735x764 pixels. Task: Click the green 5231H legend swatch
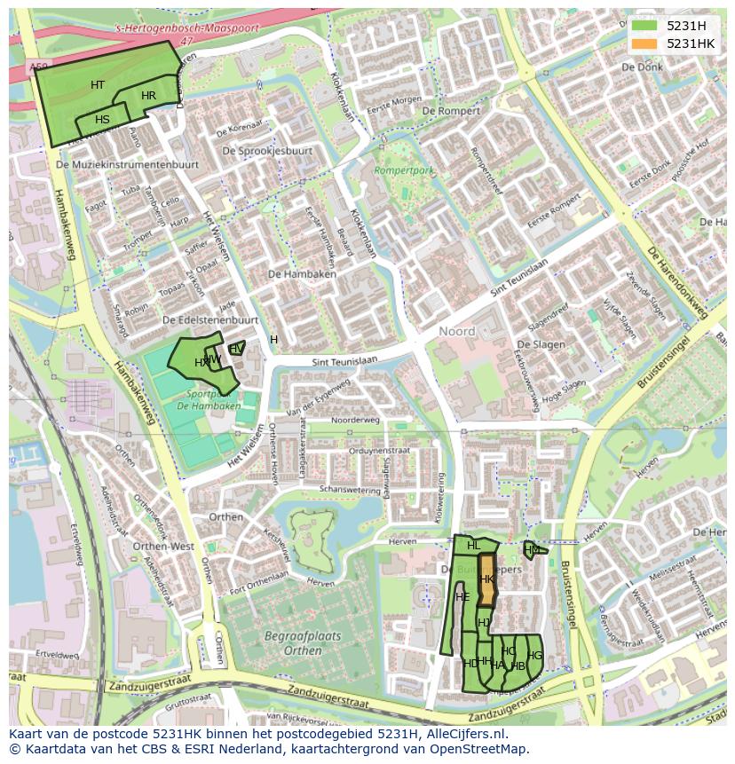[644, 26]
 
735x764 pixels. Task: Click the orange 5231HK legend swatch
[644, 43]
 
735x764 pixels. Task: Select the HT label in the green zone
[98, 85]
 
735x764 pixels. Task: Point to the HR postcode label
[148, 96]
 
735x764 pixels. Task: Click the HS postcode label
[102, 120]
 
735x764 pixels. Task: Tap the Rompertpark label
[404, 169]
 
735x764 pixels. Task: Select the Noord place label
[457, 332]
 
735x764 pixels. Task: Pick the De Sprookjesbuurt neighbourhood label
[267, 151]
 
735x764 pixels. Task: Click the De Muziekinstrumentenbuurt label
[127, 165]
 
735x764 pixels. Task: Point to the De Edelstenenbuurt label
[210, 319]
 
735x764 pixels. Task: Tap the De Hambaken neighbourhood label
[302, 275]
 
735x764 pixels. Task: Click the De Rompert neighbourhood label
[452, 111]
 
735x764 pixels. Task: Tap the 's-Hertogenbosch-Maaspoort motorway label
[187, 29]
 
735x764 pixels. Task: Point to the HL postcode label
[473, 546]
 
